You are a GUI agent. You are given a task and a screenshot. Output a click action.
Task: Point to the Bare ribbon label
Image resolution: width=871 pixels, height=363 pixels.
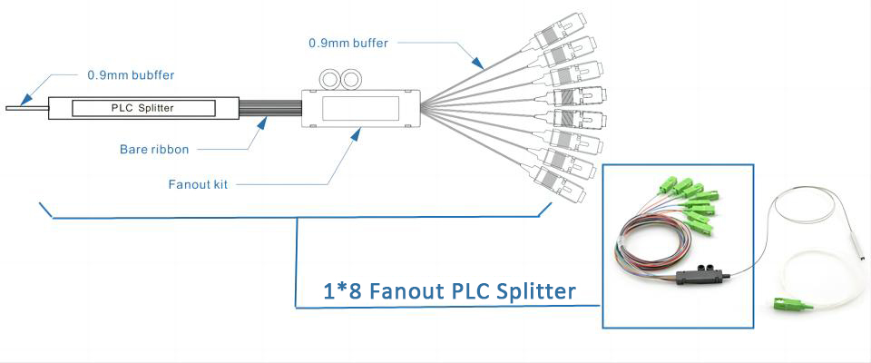click(x=157, y=148)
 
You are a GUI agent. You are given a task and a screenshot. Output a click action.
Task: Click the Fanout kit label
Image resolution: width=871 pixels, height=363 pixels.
click(x=198, y=184)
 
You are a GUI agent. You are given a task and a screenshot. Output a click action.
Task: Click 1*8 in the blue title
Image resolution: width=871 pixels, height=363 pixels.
click(x=345, y=291)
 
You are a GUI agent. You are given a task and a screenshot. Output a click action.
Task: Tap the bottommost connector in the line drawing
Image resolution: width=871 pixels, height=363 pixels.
click(x=559, y=182)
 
